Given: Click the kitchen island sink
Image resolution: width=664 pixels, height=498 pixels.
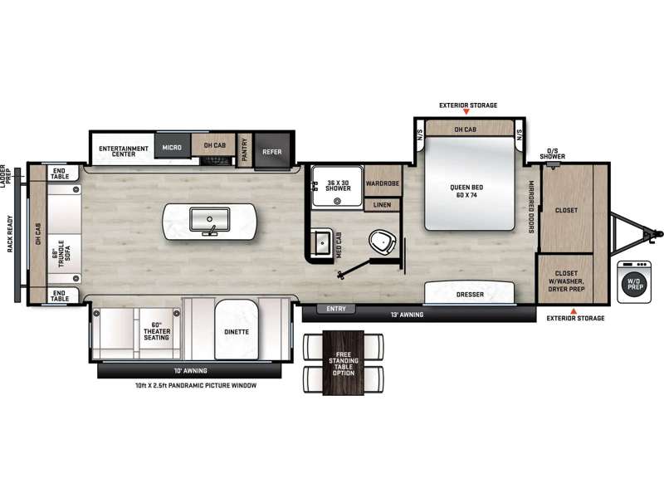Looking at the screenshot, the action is point(210,219).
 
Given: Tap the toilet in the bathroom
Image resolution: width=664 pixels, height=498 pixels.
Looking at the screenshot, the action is point(383,242).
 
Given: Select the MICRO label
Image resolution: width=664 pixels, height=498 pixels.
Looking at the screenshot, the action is point(172,148).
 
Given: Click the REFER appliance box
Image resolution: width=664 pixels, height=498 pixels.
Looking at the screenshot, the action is point(272,152).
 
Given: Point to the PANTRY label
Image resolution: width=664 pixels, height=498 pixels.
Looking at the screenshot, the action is point(244,150).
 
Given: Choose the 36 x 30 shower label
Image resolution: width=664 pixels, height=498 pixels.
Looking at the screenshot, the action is point(338,185).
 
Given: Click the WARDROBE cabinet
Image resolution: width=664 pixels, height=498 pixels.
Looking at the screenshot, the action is point(383,183).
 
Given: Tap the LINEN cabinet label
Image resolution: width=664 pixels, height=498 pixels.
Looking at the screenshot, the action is point(382,205).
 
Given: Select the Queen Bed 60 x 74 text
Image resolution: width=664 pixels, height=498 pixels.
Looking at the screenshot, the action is point(466,191).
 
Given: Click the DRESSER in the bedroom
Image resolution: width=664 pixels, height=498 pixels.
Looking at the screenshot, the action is point(470,293).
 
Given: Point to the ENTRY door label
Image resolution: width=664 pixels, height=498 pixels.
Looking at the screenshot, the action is point(336,309).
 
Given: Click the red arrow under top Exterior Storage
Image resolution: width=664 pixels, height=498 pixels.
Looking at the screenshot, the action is point(466,112).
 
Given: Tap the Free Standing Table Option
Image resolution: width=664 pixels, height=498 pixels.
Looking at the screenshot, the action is point(344,364).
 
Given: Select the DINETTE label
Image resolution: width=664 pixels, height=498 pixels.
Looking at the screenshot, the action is point(237,332).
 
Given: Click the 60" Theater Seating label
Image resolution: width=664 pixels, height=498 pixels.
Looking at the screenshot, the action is point(156,331).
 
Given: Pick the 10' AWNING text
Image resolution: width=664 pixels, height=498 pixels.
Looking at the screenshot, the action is point(190,370).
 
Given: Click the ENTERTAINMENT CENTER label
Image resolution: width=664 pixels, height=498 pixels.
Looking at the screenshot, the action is point(124,151).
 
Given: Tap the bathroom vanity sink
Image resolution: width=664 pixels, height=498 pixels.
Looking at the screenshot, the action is point(323,242).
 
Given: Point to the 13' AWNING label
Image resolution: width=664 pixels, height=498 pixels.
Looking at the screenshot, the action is point(407,315).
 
